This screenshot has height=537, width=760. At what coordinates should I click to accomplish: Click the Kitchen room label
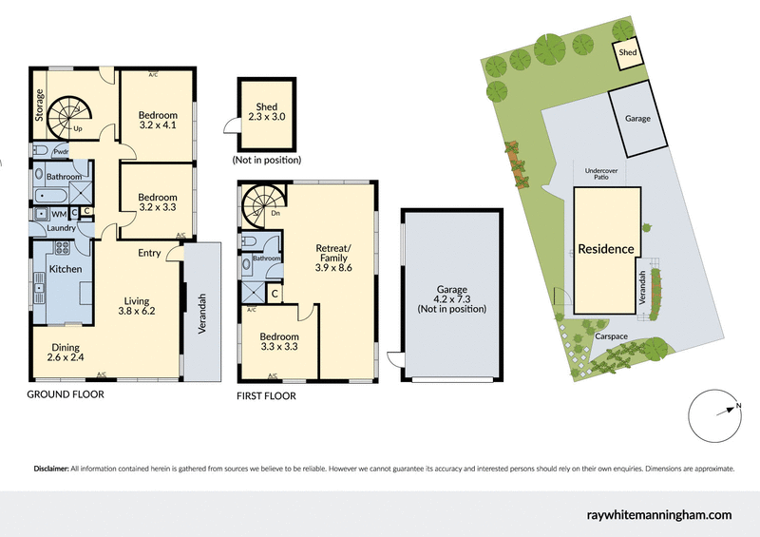pyautogui.click(x=66, y=270)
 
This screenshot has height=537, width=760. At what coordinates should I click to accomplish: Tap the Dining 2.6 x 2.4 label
pyautogui.click(x=66, y=353)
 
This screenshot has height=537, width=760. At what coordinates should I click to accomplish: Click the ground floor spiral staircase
pyautogui.click(x=69, y=114)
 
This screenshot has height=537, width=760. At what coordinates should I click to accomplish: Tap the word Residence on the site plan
pyautogui.click(x=605, y=249)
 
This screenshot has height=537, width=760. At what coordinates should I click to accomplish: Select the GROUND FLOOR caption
pyautogui.click(x=65, y=393)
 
